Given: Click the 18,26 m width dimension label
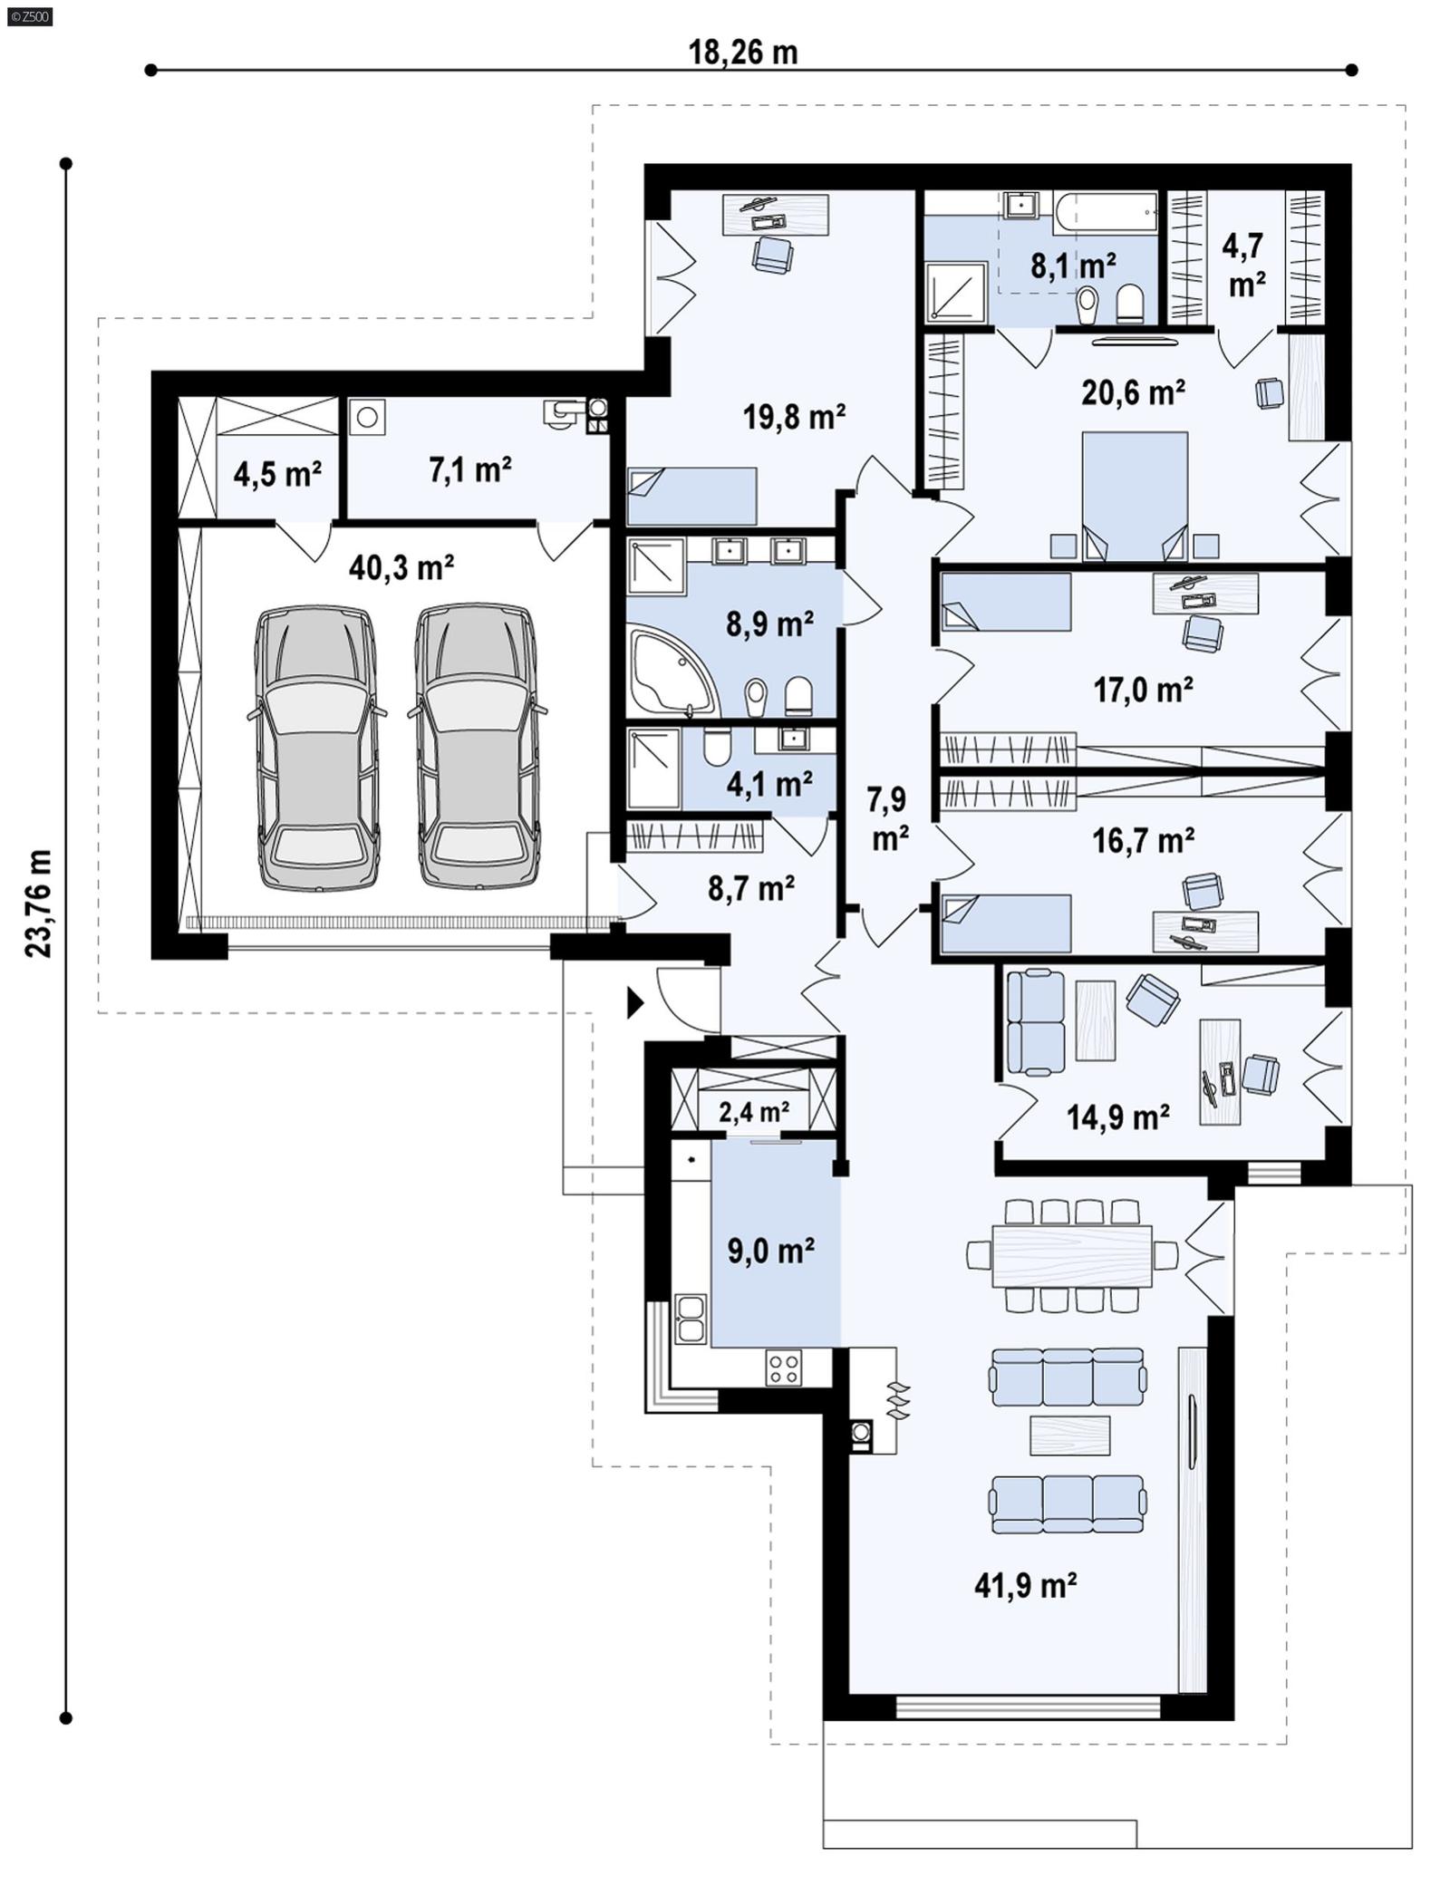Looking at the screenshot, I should pos(742,53).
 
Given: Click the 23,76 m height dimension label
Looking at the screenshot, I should pos(39,904).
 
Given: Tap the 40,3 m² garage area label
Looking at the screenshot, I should pos(401,568).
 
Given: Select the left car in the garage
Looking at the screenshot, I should pos(316,748).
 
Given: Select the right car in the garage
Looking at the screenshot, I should pos(477,748).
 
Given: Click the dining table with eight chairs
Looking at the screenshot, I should pos(1072,1255).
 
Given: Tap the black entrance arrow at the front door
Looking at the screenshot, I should pos(635,1002).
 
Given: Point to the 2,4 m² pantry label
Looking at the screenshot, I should pos(753,1111).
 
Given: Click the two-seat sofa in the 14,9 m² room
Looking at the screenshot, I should pos(1036,1021).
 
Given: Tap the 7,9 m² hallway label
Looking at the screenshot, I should pos(888,819).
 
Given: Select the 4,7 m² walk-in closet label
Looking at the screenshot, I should pos(1247,265).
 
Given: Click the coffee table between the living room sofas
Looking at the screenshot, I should pos(1070,1435).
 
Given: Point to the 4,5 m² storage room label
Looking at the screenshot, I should pos(277,473).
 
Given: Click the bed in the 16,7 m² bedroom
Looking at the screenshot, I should pos(1006,923).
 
